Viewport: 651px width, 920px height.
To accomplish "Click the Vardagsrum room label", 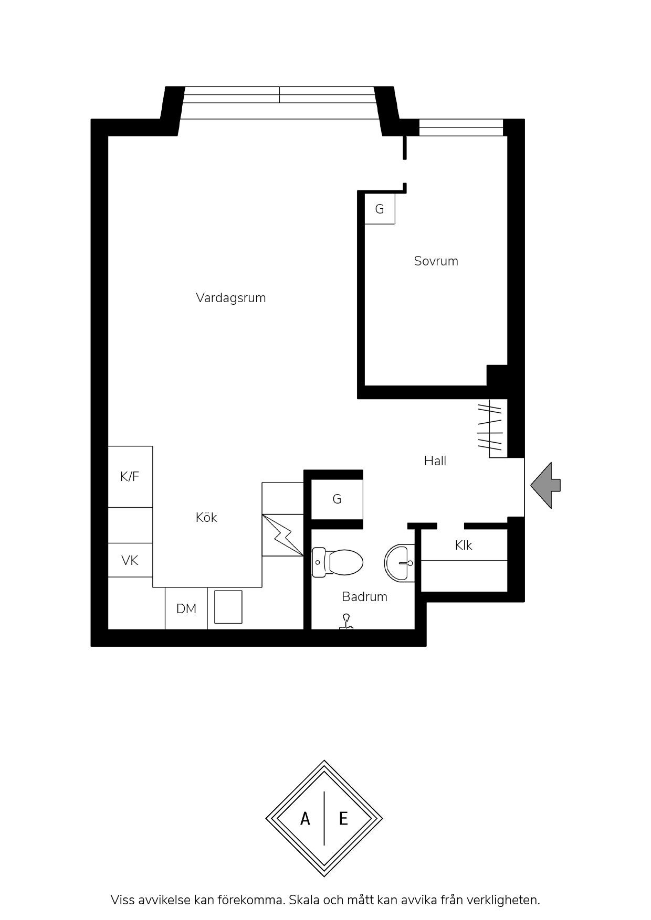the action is click(230, 298).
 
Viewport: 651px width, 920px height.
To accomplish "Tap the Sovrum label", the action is click(436, 261).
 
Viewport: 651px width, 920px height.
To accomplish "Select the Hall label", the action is click(435, 461).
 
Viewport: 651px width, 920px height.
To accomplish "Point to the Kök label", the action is click(206, 517).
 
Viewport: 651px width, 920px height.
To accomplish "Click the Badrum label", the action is click(364, 596).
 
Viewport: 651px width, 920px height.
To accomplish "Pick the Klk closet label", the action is click(464, 545).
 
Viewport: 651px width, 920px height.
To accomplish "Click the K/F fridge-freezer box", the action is click(130, 477).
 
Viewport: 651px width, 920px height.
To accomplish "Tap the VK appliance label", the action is click(130, 561).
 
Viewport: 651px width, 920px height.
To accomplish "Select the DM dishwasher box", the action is click(186, 608).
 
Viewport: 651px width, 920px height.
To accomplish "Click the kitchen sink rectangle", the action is click(228, 607).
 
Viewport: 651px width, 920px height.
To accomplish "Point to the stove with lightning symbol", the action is click(283, 535).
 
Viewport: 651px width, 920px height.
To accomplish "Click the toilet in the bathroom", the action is click(338, 562).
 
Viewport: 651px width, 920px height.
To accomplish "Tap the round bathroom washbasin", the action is click(400, 563).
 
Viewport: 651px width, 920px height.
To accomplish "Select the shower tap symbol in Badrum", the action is click(346, 622).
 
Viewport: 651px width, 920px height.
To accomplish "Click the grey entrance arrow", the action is click(545, 485).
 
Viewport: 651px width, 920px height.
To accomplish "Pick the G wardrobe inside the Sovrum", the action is click(380, 209).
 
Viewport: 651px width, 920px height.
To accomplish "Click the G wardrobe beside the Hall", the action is click(337, 499).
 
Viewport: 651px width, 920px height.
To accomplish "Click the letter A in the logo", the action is click(305, 818).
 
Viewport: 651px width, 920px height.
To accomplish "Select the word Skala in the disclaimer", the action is click(303, 900).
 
